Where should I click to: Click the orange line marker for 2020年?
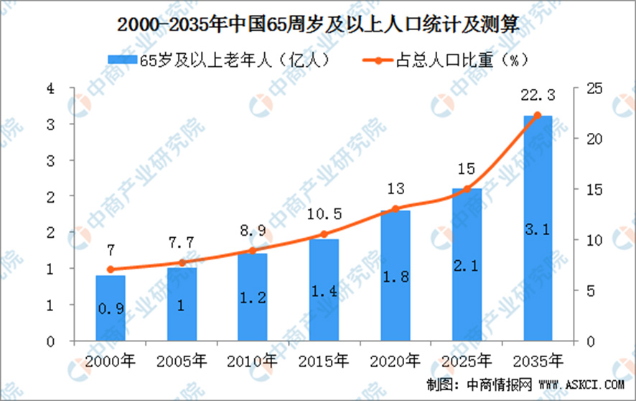(395, 209)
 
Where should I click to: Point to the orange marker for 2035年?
(538, 115)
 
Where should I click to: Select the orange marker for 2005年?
(182, 263)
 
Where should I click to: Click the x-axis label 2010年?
(253, 359)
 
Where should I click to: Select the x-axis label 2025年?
(466, 359)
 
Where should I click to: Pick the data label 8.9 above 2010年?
(253, 232)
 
